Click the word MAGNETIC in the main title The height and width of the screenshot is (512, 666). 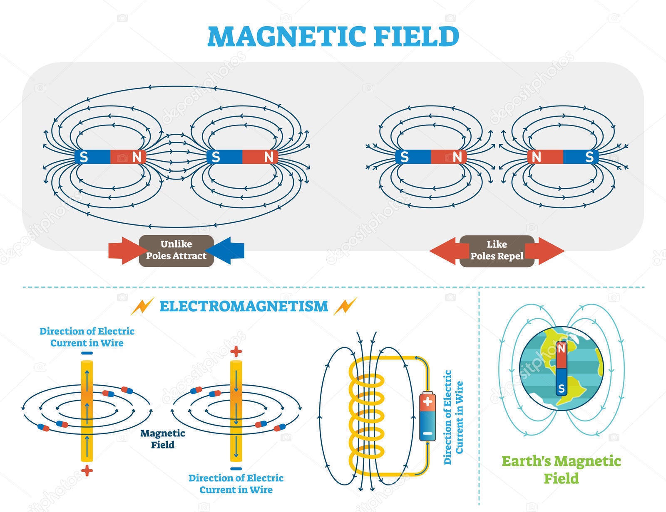[x=286, y=37]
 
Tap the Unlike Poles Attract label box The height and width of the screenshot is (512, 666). [x=176, y=251]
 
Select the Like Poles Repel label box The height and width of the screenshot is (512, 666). [x=497, y=251]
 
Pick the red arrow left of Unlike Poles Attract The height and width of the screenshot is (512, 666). [x=124, y=251]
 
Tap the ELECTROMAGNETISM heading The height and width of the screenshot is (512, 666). [x=244, y=306]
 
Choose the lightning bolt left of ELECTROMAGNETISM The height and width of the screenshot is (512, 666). [x=142, y=306]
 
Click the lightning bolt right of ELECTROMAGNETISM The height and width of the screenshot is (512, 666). [x=345, y=306]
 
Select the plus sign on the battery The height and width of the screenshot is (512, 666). [x=427, y=401]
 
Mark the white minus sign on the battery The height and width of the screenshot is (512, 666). [x=427, y=433]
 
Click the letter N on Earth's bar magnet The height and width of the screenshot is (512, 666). [x=561, y=348]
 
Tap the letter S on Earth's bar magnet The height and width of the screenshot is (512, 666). [x=561, y=389]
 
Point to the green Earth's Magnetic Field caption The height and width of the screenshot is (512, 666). [x=561, y=470]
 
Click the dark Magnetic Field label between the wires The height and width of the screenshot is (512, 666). [x=162, y=439]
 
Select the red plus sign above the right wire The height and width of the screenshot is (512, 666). [x=236, y=352]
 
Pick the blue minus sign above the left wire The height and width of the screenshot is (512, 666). [x=87, y=353]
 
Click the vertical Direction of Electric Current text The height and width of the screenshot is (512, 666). [x=453, y=418]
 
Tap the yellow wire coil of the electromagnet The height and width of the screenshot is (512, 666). [x=366, y=416]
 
